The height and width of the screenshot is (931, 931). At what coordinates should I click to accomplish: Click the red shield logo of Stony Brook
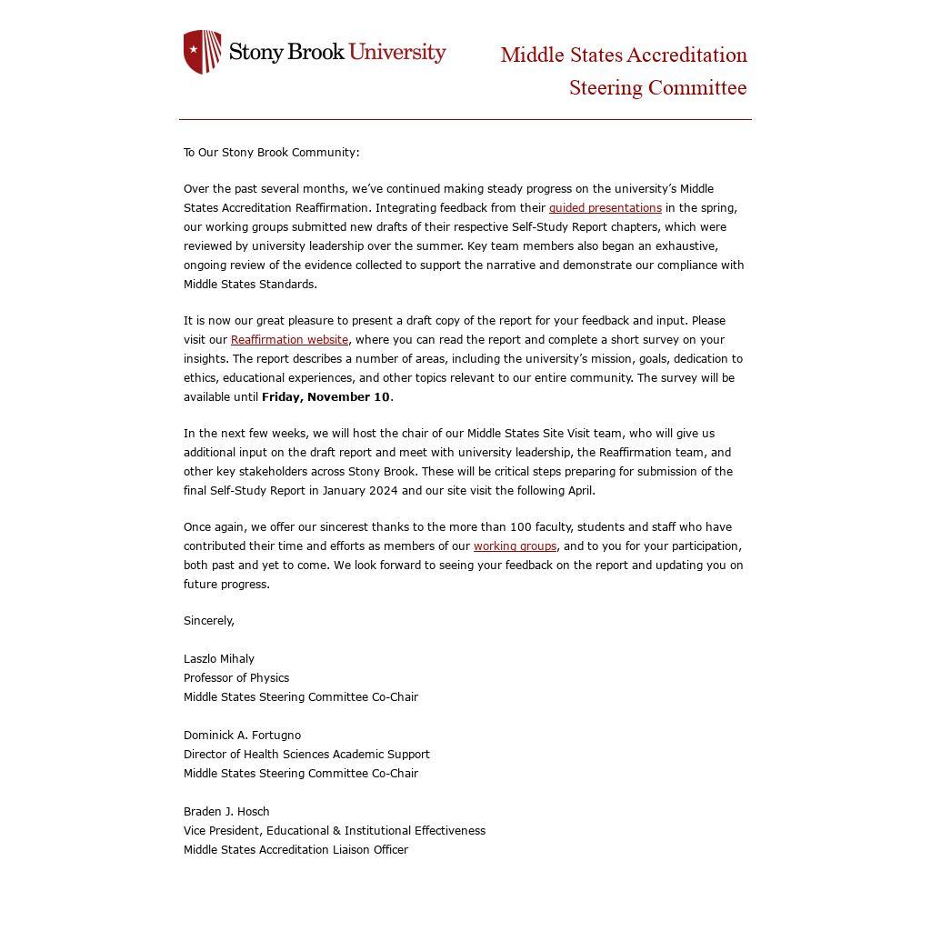click(202, 52)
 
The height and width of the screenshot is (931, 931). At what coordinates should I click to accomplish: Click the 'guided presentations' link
click(605, 208)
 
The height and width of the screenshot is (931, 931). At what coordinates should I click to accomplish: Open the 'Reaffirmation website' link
click(289, 340)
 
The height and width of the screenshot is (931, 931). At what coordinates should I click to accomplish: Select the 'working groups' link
click(515, 546)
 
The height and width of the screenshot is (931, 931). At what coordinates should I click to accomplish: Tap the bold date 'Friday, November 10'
click(325, 397)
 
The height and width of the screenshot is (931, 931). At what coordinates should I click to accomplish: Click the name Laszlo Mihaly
click(219, 659)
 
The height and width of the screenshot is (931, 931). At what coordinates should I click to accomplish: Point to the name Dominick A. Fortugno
click(242, 736)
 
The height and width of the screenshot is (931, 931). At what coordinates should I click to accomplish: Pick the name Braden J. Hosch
click(226, 812)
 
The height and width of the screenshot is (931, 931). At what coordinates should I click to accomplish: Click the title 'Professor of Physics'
click(236, 678)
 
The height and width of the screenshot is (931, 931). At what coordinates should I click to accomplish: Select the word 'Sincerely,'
click(209, 621)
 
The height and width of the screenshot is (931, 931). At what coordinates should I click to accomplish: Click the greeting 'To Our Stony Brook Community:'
click(271, 153)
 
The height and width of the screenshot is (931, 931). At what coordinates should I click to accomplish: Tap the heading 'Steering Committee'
click(657, 88)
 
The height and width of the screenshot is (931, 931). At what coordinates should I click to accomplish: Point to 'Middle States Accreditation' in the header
click(624, 55)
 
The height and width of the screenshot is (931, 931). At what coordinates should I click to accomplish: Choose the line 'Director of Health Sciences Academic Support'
click(306, 755)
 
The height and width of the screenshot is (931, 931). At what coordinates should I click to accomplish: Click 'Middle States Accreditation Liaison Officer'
click(295, 850)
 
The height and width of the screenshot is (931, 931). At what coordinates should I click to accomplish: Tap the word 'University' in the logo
click(397, 52)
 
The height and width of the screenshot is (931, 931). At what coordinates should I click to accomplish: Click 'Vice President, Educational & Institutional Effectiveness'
click(334, 831)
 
